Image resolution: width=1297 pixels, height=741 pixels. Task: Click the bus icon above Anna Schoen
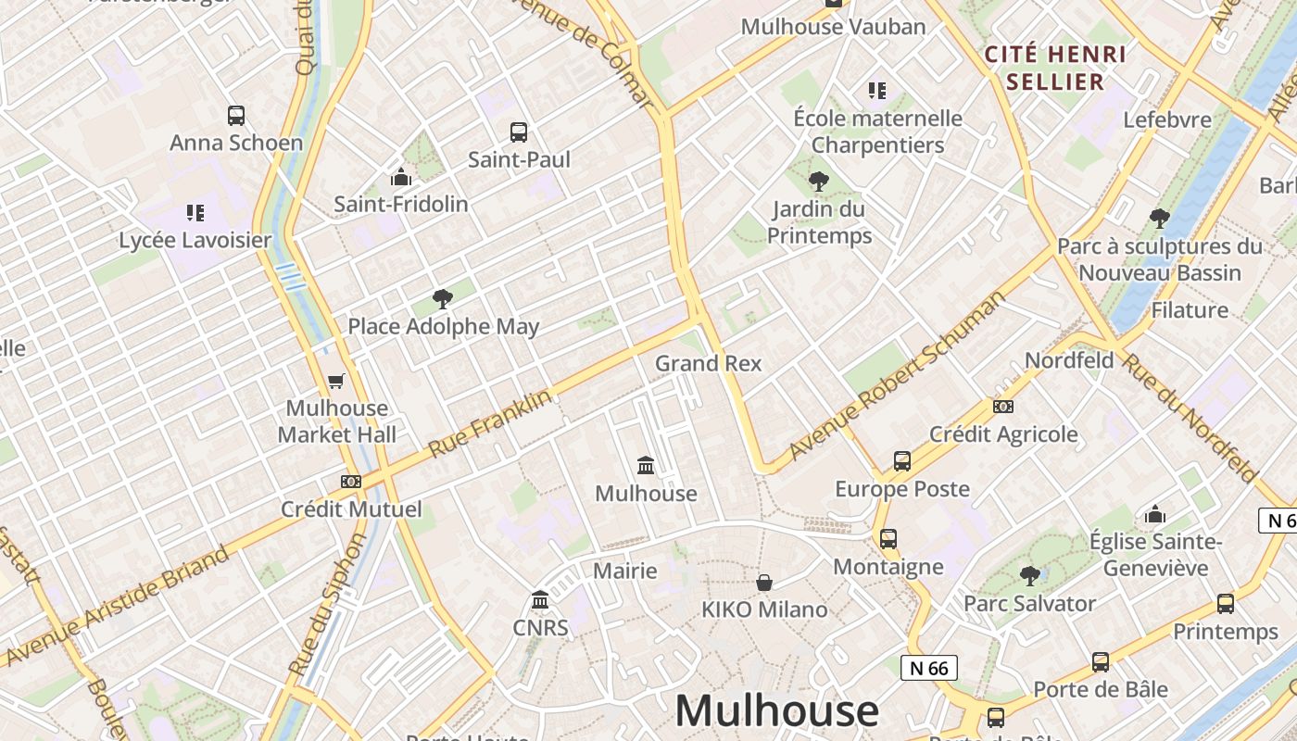[236, 116]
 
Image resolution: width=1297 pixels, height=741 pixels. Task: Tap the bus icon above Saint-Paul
[519, 132]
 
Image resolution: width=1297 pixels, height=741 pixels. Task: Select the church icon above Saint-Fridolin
[401, 177]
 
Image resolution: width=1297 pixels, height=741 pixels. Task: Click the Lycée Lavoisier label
[195, 240]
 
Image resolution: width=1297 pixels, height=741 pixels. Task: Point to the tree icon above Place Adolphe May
[443, 299]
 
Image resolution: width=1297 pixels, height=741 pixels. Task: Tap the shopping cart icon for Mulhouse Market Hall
[336, 381]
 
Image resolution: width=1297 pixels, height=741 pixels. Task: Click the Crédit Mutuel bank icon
[351, 482]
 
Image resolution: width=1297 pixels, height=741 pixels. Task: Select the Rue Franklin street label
[490, 423]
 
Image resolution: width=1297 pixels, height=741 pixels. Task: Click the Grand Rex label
[709, 363]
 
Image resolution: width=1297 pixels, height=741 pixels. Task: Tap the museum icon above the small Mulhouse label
[646, 465]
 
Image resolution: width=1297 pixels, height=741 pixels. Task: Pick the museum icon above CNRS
[540, 600]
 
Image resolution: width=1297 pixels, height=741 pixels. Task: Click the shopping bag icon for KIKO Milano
[764, 583]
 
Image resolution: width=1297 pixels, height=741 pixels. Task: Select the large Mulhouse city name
[776, 711]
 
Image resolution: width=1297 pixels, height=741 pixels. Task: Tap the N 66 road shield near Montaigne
[928, 668]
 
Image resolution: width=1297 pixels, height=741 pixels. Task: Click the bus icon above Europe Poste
[902, 461]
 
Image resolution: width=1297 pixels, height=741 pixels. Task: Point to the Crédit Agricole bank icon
[1003, 407]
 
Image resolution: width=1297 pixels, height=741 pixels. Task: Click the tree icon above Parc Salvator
[1029, 576]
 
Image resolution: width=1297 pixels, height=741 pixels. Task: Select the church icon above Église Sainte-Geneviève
[1155, 514]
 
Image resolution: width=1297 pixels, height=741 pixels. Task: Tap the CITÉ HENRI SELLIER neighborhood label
[1055, 68]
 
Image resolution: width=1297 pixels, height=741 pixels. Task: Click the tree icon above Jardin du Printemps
[819, 182]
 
